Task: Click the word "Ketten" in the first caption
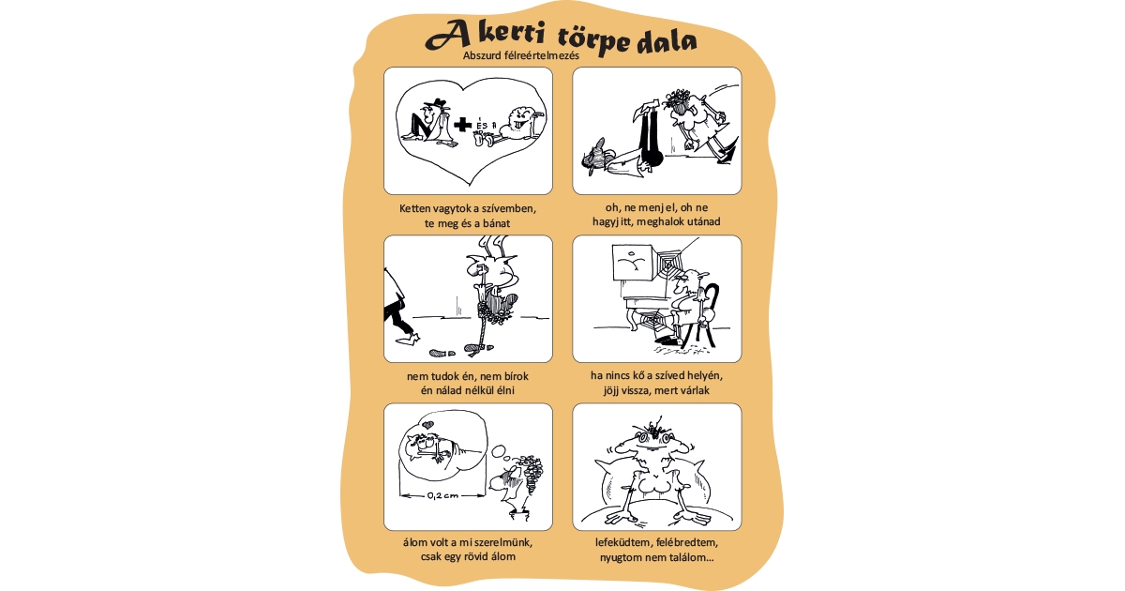(416, 207)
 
